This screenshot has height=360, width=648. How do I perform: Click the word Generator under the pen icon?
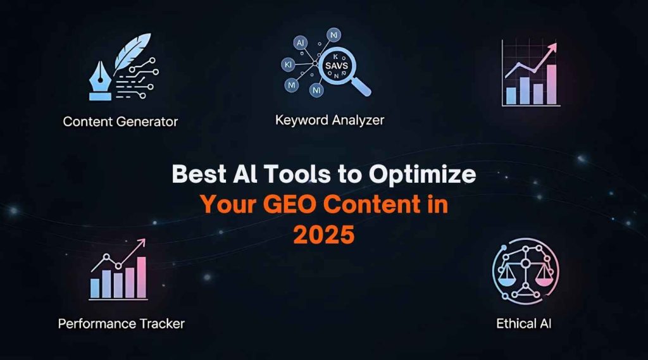[x=149, y=121]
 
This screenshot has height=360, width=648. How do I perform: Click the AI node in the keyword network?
[x=300, y=42]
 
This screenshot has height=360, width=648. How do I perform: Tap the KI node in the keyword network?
[x=288, y=65]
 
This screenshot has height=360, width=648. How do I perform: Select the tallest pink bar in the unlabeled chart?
[x=551, y=84]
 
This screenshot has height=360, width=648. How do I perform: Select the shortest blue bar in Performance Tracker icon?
[x=96, y=288]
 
